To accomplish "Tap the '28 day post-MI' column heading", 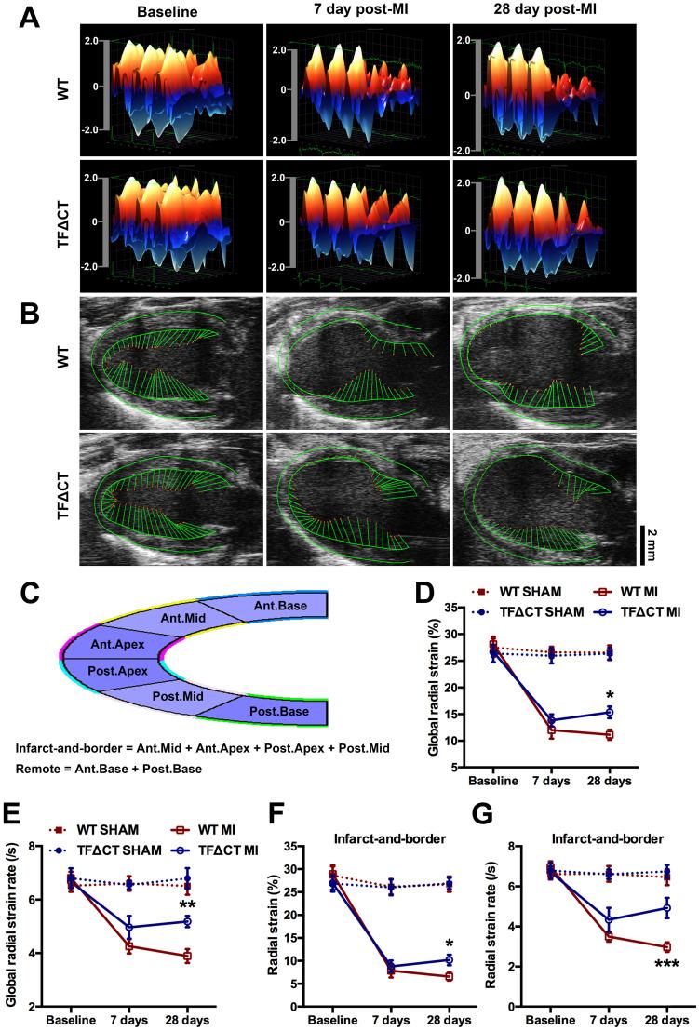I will tap(542, 10).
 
